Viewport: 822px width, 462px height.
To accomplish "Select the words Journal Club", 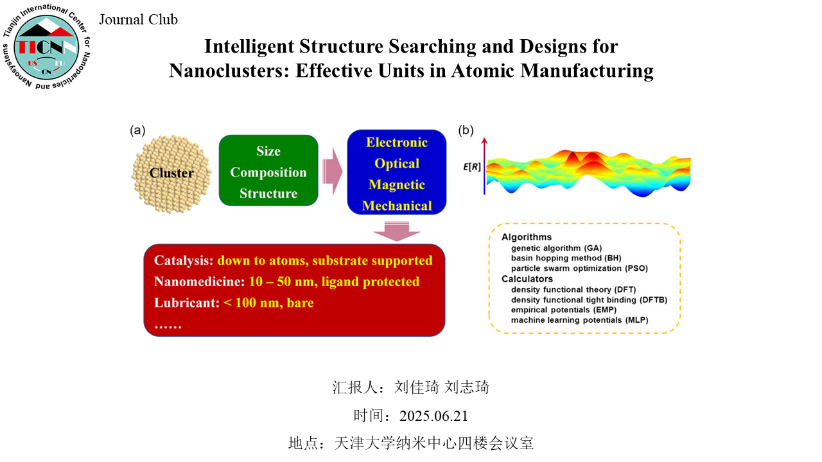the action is point(138,19).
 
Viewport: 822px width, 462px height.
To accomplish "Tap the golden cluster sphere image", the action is point(171,173).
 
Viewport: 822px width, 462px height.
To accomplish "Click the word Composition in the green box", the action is point(268,173).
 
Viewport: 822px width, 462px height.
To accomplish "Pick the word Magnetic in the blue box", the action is point(397,184).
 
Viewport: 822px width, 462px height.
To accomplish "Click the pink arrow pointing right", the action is point(333,171).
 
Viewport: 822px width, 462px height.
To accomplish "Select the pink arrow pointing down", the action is point(397,232).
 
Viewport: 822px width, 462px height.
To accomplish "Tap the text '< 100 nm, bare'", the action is point(268,302).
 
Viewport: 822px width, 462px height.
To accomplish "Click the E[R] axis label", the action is point(471,167).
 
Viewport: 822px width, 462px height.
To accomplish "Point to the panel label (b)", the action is point(466,130).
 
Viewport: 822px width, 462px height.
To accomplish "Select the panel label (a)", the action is point(137,130).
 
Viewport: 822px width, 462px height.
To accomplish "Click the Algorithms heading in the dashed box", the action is point(527,237).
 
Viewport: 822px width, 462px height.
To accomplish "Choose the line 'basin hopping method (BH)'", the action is point(566,258).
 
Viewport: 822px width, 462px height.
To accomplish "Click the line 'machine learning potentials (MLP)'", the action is point(580,320).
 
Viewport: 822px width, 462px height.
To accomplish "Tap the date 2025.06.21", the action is point(433,416).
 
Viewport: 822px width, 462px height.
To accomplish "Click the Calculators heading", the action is point(527,279).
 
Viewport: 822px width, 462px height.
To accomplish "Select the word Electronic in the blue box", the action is point(397,142).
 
